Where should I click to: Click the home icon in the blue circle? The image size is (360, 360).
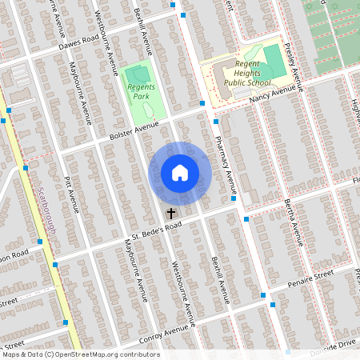(180, 173)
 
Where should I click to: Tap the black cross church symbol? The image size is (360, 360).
(170, 214)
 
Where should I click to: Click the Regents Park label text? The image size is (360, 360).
(138, 90)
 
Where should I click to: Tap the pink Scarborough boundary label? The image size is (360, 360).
(45, 204)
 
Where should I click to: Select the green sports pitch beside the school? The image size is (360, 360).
(274, 59)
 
